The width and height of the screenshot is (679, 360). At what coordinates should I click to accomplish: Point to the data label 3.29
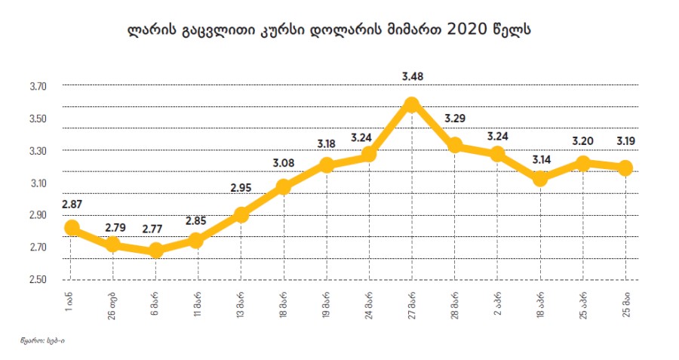tap(455, 118)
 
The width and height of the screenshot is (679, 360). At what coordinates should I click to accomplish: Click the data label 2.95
tap(241, 188)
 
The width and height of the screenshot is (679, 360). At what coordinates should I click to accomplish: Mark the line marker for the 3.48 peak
tap(412, 105)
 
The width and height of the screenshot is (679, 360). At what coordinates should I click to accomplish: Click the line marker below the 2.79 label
tap(113, 244)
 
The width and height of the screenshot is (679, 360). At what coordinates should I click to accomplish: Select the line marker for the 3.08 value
tap(284, 186)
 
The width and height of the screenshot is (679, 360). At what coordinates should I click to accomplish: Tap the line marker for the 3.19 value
tap(624, 168)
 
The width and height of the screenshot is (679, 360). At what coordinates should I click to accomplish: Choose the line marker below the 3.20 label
tap(582, 163)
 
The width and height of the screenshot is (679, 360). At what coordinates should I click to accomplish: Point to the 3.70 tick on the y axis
tap(38, 87)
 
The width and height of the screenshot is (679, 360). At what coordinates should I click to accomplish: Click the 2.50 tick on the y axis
tap(38, 280)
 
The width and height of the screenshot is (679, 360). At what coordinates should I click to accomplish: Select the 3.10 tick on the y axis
tap(38, 183)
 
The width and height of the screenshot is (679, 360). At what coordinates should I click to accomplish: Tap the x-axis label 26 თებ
tap(113, 305)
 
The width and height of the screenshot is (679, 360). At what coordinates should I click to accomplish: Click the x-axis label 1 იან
tap(71, 302)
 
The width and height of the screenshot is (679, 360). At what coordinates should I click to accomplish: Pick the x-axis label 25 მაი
tap(625, 303)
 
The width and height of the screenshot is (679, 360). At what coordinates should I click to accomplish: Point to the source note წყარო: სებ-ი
tap(42, 341)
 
